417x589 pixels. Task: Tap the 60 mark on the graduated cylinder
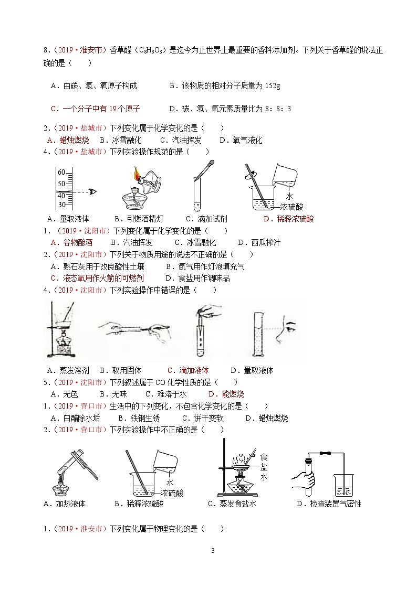[61, 173]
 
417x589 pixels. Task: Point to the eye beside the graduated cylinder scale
[93, 191]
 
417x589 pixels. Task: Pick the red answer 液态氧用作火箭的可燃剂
[97, 278]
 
